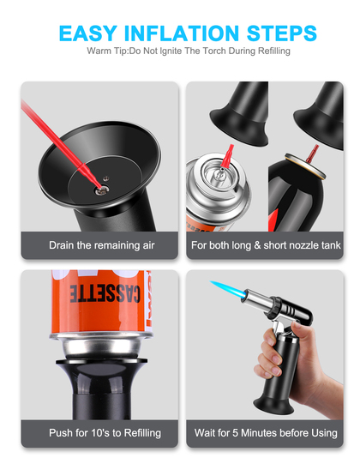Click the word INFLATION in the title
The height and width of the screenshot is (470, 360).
(x=182, y=33)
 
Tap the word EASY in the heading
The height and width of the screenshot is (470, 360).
(x=88, y=33)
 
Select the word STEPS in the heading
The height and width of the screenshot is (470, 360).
(x=282, y=33)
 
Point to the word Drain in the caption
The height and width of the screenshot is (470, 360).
(x=62, y=245)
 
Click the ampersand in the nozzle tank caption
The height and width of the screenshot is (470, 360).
(x=257, y=245)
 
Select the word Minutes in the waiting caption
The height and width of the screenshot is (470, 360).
(x=259, y=433)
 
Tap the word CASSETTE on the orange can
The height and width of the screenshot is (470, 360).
(x=105, y=293)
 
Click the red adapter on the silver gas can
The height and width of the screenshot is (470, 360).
(x=227, y=157)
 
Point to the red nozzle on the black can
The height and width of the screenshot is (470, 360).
(x=312, y=154)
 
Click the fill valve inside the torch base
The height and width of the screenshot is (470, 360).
(x=101, y=190)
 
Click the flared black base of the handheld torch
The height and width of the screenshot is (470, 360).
(x=273, y=406)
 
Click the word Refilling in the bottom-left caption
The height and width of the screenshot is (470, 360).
(x=142, y=433)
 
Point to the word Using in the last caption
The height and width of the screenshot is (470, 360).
(x=325, y=433)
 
